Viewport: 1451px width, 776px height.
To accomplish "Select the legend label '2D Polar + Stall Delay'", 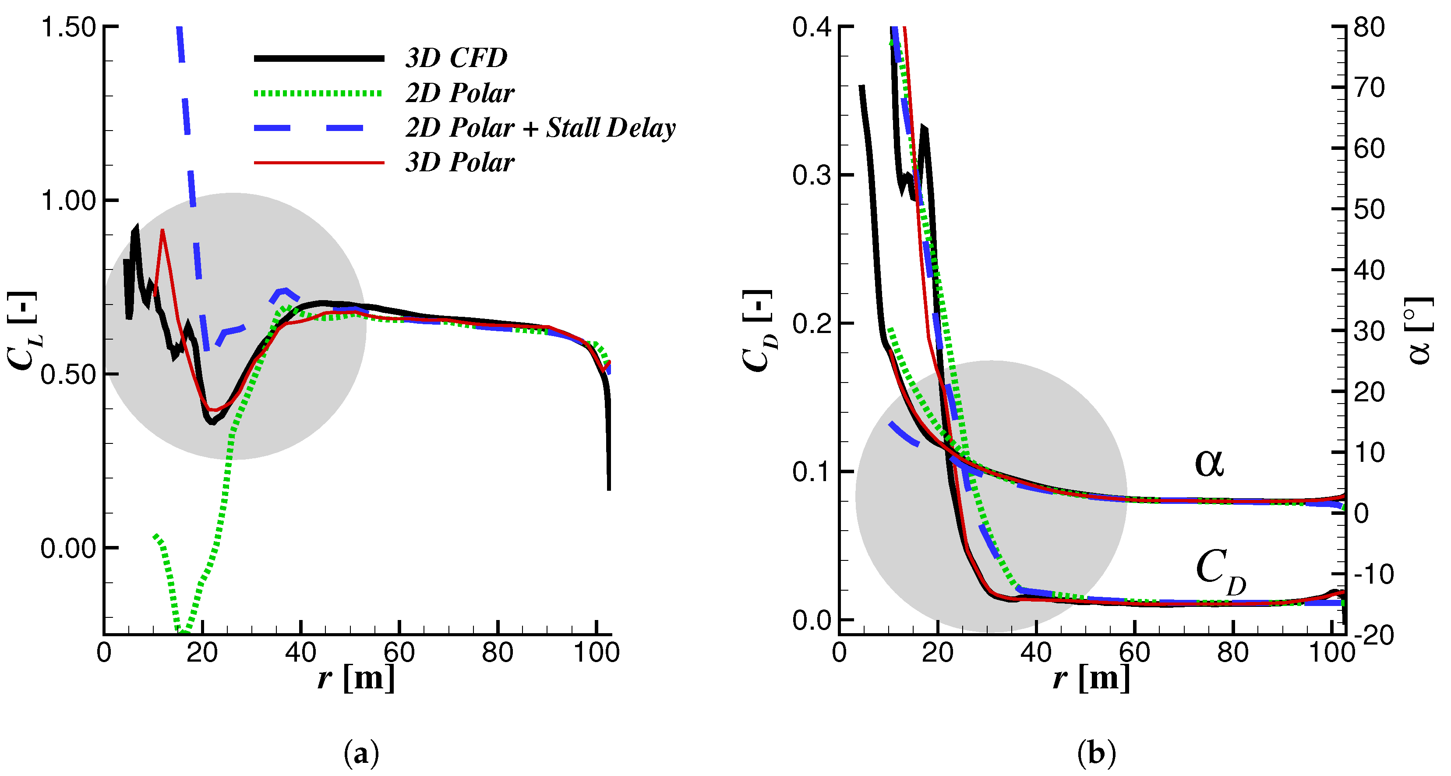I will [x=540, y=128].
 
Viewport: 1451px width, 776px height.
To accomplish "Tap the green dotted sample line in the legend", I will [x=319, y=93].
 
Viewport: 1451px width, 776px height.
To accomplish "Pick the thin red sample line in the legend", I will [x=319, y=163].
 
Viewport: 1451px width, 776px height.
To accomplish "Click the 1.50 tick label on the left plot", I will [x=69, y=27].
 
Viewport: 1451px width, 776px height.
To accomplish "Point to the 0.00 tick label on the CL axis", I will [x=69, y=548].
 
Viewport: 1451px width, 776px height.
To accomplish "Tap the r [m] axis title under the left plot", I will [x=356, y=677].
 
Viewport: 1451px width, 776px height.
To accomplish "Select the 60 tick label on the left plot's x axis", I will [x=399, y=652].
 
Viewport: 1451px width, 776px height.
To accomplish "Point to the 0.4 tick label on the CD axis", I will [x=812, y=27].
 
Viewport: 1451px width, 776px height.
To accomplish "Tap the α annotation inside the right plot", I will [x=1209, y=463].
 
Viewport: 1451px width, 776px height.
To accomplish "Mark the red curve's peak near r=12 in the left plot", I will [x=162, y=230].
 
